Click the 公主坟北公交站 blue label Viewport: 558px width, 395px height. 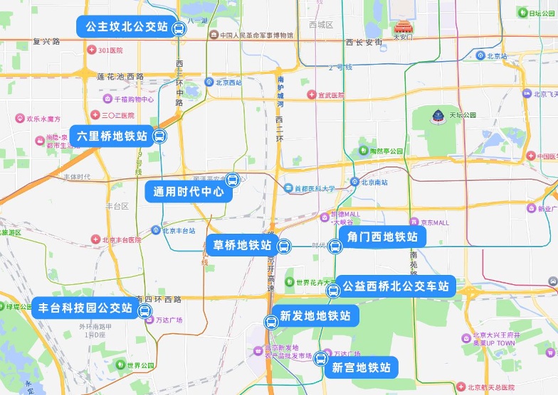[x=126, y=28]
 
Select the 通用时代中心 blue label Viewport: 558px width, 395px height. [x=184, y=191]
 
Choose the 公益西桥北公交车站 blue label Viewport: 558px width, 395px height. [x=395, y=286]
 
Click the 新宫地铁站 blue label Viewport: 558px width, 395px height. [x=361, y=367]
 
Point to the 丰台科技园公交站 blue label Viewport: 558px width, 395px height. [x=85, y=308]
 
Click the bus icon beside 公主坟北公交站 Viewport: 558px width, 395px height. [x=179, y=29]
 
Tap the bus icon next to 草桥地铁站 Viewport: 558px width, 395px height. [x=283, y=247]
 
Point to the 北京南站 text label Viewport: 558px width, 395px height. [x=374, y=183]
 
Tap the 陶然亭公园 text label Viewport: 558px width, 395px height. [x=386, y=151]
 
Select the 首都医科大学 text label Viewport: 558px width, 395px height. [x=315, y=189]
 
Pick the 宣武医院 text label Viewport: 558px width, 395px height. [x=330, y=95]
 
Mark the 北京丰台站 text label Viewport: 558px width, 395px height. [x=178, y=230]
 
